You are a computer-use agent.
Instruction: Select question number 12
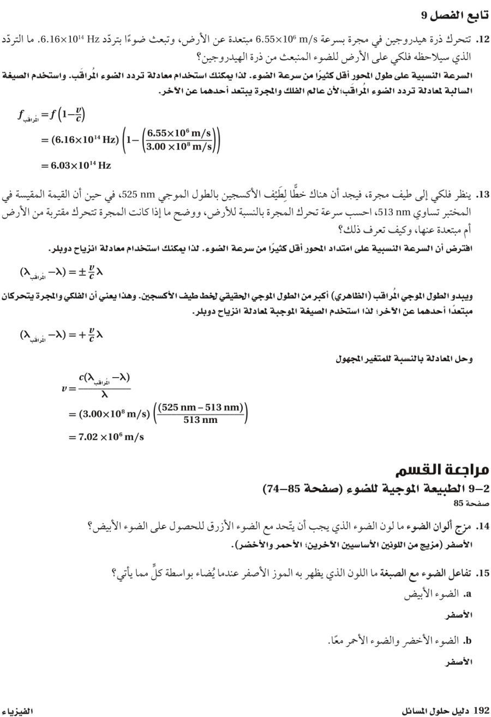[x=482, y=40]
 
